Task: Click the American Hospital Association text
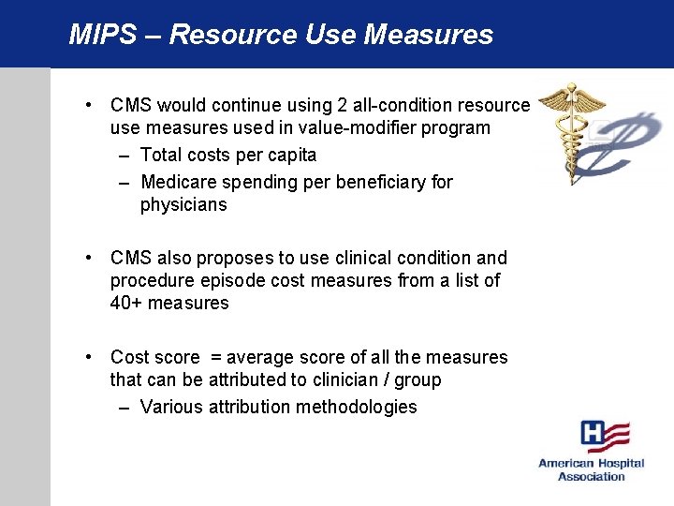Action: pos(591,469)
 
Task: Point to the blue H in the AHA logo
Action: pos(593,434)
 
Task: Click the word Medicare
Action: pos(183,182)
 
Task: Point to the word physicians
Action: pos(183,205)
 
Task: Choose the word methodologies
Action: pos(356,407)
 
